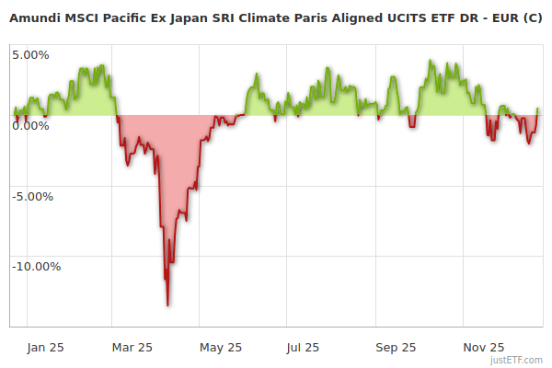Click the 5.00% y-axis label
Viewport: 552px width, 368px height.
pos(30,54)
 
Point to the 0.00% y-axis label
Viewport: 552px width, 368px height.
pos(30,125)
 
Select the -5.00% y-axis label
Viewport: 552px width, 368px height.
pos(33,196)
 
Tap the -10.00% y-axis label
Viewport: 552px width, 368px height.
pos(36,267)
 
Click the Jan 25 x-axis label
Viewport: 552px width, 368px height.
pos(45,347)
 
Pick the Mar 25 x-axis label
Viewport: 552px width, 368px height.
pos(132,347)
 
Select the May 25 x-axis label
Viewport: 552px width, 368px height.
pos(220,347)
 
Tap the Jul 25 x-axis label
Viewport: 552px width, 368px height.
pos(303,347)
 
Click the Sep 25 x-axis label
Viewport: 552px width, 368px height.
pos(396,347)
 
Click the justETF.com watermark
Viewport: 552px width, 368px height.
pos(516,360)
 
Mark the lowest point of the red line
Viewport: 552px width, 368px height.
pos(167,305)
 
